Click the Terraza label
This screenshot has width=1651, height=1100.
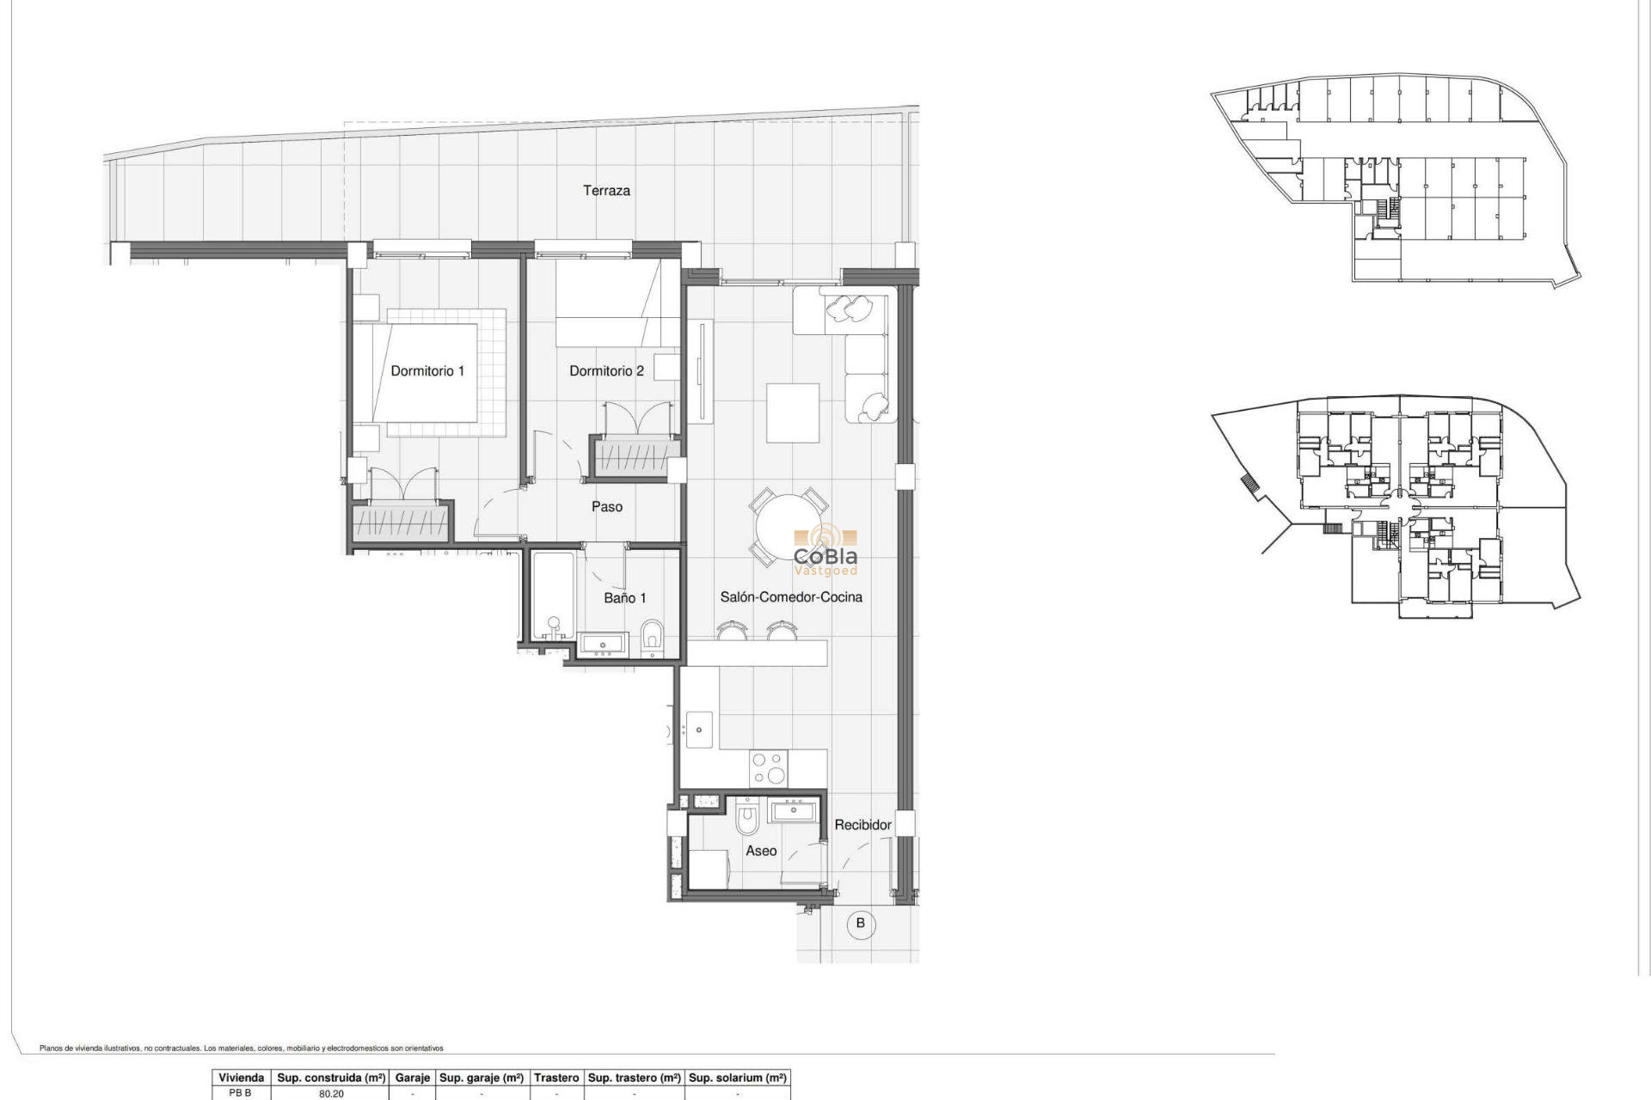coord(606,191)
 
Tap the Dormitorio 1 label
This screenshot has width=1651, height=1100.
coord(427,371)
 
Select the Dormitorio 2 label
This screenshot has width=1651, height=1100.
coord(606,371)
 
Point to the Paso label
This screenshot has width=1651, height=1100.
coord(606,507)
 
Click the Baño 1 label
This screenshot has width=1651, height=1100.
coord(624,598)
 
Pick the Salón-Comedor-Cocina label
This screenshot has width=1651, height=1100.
coord(791,597)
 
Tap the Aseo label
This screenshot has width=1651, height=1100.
coord(761,851)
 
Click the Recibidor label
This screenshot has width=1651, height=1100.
coord(862,825)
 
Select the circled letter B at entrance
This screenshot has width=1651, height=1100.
coord(860,924)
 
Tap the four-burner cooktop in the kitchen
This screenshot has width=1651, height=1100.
coord(768,768)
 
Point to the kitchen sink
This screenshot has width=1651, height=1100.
coord(698,730)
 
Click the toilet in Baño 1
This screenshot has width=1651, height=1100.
coord(653,637)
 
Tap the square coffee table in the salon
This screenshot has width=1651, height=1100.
coord(793,412)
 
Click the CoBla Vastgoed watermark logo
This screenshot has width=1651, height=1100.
coord(825,550)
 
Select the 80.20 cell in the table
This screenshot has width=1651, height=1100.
coord(331,1094)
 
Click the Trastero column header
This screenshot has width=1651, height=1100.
coord(556,1078)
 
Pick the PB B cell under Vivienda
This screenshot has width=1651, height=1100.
coord(241,1093)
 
